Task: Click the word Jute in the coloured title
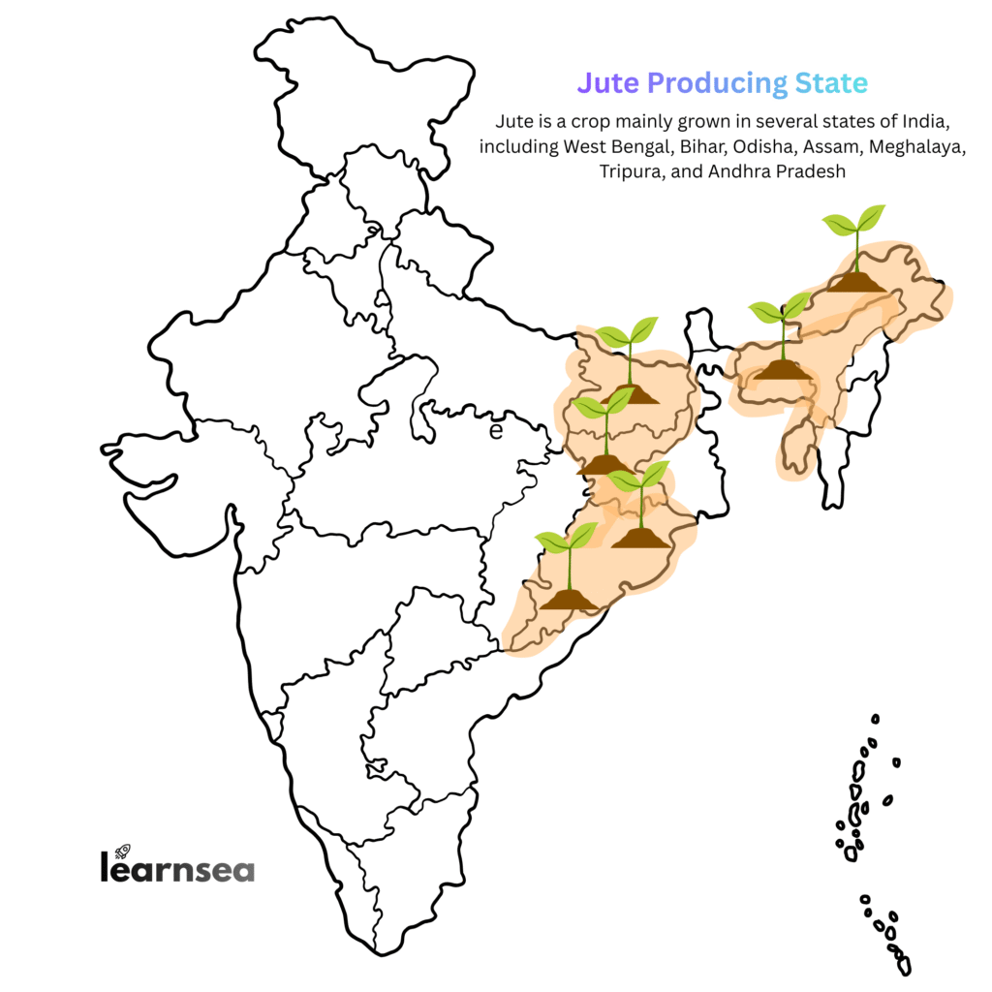click(x=607, y=83)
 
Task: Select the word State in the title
click(x=831, y=83)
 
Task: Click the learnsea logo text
click(x=176, y=868)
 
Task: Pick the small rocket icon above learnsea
click(x=123, y=851)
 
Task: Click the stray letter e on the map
click(x=496, y=431)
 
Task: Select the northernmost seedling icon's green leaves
click(x=854, y=221)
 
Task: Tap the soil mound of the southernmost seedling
click(x=569, y=601)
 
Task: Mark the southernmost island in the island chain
click(x=904, y=966)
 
